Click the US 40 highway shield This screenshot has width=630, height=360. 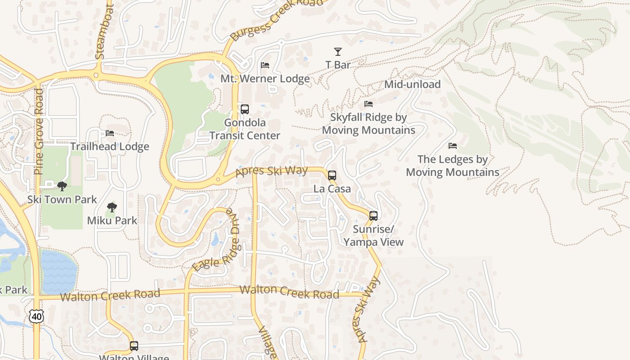tap(36, 316)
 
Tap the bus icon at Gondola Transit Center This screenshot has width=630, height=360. tap(245, 109)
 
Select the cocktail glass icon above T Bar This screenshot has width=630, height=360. tap(338, 52)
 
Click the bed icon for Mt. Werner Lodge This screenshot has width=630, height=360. tap(265, 66)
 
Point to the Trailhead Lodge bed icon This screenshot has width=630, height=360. tap(110, 133)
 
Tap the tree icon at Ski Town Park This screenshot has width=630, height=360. tap(62, 186)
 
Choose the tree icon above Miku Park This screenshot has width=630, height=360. tap(112, 207)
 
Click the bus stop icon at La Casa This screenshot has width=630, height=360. tap(332, 175)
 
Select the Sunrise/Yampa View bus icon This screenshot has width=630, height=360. tap(373, 216)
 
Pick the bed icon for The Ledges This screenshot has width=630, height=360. tap(453, 146)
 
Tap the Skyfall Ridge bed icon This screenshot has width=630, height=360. tap(369, 104)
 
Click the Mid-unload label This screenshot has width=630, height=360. tap(412, 84)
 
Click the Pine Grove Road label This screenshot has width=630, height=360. tap(40, 131)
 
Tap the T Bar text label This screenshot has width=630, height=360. tap(338, 65)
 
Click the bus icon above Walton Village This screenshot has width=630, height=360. tap(134, 346)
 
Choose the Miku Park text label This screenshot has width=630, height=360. tap(112, 220)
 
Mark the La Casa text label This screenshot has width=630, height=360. tap(332, 189)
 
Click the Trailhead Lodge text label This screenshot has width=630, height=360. tap(110, 147)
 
